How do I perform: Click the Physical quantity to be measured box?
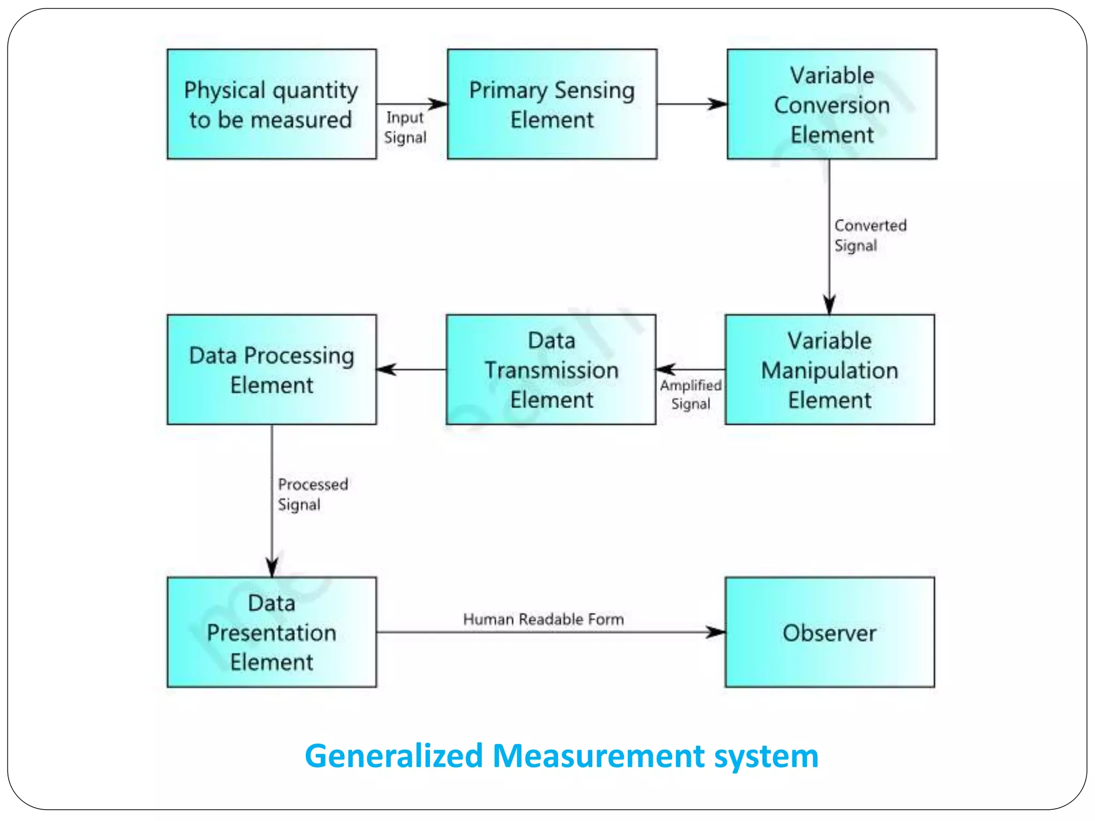click(272, 104)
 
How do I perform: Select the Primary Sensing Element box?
click(552, 104)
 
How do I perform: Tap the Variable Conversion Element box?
click(831, 104)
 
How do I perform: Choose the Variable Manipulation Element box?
click(829, 370)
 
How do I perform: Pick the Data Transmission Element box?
click(551, 370)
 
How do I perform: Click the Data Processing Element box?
click(272, 370)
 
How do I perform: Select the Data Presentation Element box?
click(272, 632)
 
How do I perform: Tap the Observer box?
click(829, 632)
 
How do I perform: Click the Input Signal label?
click(405, 127)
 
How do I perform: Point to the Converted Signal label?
click(869, 235)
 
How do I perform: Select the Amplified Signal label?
click(690, 394)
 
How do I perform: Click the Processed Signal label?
click(312, 494)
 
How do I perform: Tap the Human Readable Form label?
click(543, 619)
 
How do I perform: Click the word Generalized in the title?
click(394, 756)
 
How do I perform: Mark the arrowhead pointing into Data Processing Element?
click(386, 369)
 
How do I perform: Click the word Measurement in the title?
click(598, 756)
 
